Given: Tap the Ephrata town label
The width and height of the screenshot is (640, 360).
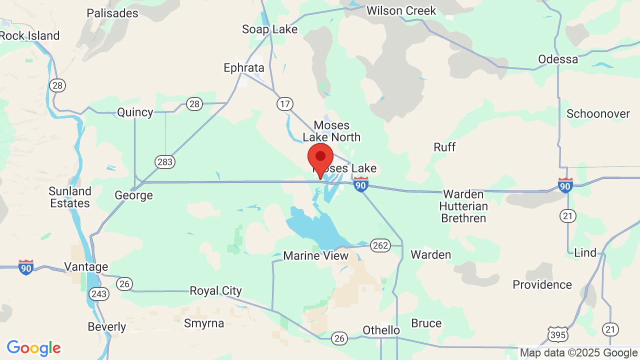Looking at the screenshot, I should (x=243, y=68).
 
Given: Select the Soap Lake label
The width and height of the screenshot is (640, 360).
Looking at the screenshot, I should (x=269, y=29).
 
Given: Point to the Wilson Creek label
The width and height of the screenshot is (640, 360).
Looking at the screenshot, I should (x=401, y=10).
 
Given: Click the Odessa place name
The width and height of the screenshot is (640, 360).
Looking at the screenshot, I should (x=558, y=59).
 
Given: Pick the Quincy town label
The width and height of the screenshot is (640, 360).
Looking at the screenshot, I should (x=135, y=112).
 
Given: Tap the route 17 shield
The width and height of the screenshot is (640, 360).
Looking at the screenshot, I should (x=285, y=104).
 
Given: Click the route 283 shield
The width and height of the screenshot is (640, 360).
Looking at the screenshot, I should (x=165, y=162).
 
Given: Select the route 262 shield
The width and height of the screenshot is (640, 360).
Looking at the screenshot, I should (x=380, y=245).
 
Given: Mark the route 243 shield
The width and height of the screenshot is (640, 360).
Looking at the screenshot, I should (x=99, y=293).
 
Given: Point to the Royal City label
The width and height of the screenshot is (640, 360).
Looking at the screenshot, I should (x=215, y=291).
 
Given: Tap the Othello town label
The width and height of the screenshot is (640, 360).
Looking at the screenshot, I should (x=381, y=330).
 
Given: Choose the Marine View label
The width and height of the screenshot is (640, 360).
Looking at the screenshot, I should (x=315, y=256).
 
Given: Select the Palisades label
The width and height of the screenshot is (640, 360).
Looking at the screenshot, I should (x=112, y=13).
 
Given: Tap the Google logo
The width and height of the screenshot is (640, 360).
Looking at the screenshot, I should (x=33, y=348).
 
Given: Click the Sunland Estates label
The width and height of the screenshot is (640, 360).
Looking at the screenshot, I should (x=70, y=197).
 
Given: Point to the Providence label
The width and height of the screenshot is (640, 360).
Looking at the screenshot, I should (x=542, y=285).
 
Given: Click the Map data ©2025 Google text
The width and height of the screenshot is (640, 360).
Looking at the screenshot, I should (x=578, y=353).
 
